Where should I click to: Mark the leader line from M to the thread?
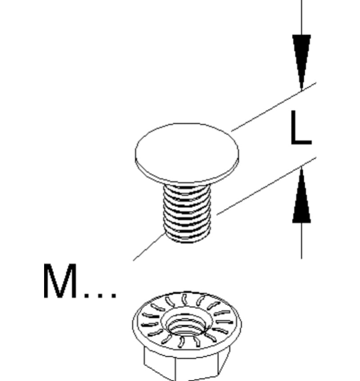(x=148, y=247)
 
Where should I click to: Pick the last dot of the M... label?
(x=113, y=295)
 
